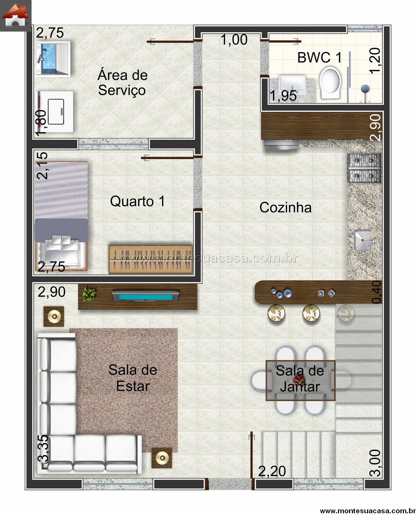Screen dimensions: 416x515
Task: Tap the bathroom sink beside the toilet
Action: click(x=292, y=84)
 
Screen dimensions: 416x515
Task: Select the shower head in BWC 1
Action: click(x=365, y=89)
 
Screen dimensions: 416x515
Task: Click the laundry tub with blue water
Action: click(x=53, y=59)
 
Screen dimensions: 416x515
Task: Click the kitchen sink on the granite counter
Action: click(x=363, y=240)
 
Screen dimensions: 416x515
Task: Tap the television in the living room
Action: click(x=145, y=296)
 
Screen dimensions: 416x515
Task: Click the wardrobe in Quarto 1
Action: click(x=150, y=259)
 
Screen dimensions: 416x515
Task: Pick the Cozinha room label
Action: click(x=285, y=208)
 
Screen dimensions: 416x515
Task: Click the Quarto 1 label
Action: click(x=137, y=201)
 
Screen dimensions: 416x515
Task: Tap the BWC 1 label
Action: click(x=319, y=58)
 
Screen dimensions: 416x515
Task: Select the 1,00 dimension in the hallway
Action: click(x=234, y=40)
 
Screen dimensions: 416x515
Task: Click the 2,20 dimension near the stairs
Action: click(x=272, y=471)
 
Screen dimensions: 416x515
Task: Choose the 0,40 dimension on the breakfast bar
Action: click(x=376, y=292)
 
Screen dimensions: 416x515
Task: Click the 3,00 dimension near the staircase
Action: click(x=375, y=463)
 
